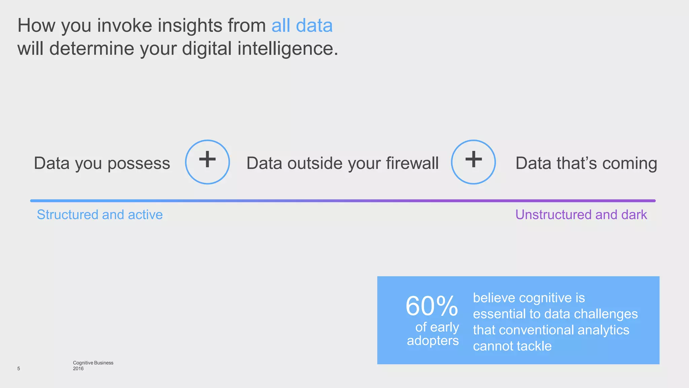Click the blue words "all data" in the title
[x=302, y=26]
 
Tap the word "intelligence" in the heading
[x=286, y=48]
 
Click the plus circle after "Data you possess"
[x=207, y=162]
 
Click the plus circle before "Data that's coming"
[x=473, y=162]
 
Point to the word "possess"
[x=139, y=163]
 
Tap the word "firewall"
[x=412, y=163]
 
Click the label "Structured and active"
[x=100, y=215]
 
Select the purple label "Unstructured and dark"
[x=581, y=215]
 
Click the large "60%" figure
[x=432, y=306]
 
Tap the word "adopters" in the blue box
[x=433, y=341]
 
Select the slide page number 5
[x=19, y=368]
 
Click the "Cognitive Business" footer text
[x=93, y=363]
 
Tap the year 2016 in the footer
[x=78, y=368]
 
